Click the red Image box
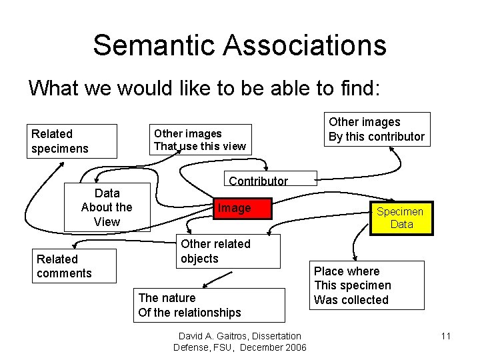[x=241, y=209]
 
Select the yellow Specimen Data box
[x=401, y=218]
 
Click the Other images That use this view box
[x=200, y=140]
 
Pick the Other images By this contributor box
[x=377, y=129]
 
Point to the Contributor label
[x=258, y=181]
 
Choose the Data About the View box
[x=107, y=207]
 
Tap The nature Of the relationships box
[x=209, y=305]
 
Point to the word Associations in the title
[x=305, y=45]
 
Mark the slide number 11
[x=446, y=336]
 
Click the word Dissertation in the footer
[x=274, y=336]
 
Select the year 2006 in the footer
[x=295, y=347]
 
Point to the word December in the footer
[x=261, y=347]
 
